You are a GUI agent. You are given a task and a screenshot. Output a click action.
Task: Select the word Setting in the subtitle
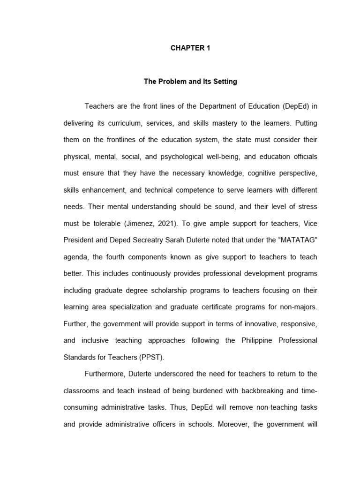click(224, 82)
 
